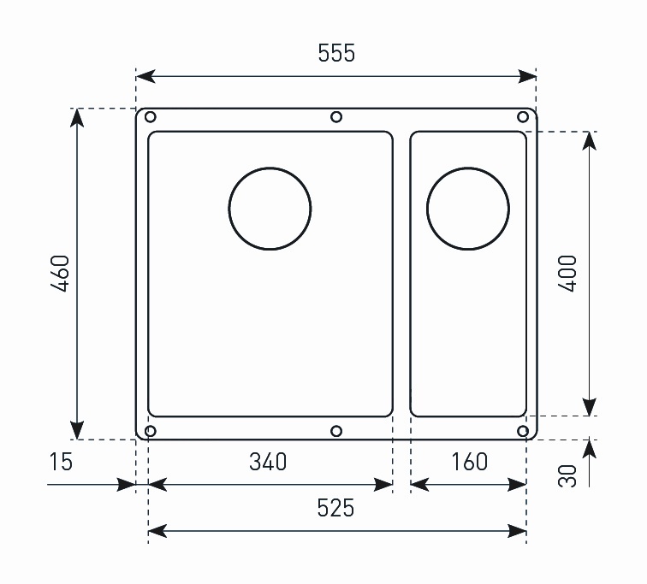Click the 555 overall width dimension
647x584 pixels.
[336, 53]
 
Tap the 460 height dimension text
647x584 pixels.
[60, 274]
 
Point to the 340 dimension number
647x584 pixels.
[268, 462]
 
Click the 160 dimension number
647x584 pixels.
[469, 462]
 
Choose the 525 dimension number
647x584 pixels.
[335, 508]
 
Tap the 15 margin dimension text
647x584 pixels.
[61, 462]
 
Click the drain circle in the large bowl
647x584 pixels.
[270, 168]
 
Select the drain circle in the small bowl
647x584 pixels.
[468, 168]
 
